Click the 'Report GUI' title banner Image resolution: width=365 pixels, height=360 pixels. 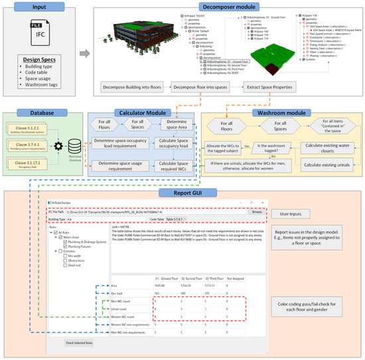(182, 193)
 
